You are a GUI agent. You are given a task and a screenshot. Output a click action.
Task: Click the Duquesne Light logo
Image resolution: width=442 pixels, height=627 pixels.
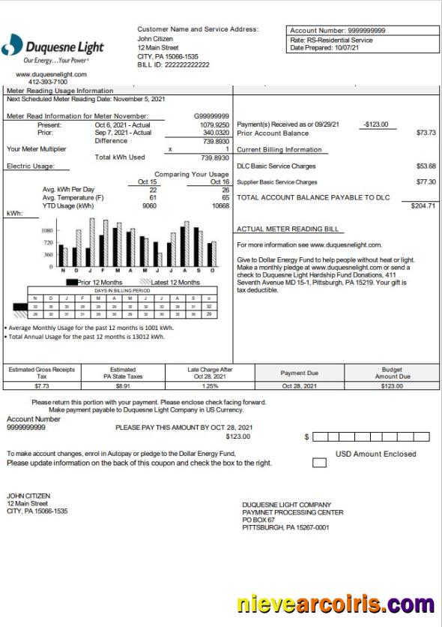pos(52,48)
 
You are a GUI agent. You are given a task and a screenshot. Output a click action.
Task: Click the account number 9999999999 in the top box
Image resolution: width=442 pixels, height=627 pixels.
pos(361,31)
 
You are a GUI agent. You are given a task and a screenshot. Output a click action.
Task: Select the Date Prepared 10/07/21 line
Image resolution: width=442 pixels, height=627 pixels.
pos(325,48)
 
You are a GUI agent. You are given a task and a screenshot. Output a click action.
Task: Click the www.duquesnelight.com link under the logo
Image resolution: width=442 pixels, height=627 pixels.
pos(51,74)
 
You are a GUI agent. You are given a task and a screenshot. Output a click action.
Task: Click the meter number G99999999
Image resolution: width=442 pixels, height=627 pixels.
pos(211,116)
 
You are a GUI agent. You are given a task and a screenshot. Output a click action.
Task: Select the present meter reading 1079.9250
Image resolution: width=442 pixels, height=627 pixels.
pos(214,124)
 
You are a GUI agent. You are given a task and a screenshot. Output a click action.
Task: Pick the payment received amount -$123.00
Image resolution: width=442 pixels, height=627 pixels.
pos(375,124)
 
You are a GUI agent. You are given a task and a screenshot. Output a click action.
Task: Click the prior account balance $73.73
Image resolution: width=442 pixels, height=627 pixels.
pos(426,133)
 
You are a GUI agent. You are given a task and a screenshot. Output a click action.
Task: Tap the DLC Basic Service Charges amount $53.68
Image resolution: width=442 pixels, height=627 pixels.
pos(426,166)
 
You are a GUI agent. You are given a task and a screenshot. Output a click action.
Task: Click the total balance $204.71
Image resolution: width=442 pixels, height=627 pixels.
pos(423,205)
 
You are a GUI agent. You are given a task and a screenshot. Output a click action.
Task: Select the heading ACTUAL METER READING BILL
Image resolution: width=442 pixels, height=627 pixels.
pos(288,229)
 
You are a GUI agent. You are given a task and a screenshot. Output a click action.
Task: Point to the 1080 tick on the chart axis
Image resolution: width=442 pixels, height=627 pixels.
pos(46,231)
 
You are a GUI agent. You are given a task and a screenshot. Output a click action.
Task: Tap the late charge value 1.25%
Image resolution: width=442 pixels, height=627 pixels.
pos(210,386)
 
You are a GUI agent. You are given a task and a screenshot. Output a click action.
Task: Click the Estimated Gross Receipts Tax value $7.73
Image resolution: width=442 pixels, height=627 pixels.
pos(41,386)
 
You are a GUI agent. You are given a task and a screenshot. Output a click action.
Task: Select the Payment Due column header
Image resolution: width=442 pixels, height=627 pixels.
pos(299,373)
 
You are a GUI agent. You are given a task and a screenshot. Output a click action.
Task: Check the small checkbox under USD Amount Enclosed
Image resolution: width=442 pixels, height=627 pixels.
pos(319,463)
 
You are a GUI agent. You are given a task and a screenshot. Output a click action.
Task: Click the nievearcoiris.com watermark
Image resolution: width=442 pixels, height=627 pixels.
pos(335,604)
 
